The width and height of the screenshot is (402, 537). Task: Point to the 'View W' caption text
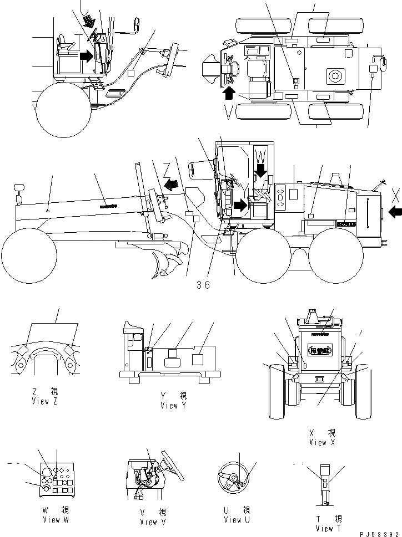point(55,520)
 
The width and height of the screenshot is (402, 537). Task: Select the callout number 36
point(203,285)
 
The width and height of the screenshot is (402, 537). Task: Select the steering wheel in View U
point(235,477)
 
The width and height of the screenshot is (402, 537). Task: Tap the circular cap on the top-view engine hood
point(335,74)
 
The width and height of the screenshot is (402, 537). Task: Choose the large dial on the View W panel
point(47,473)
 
